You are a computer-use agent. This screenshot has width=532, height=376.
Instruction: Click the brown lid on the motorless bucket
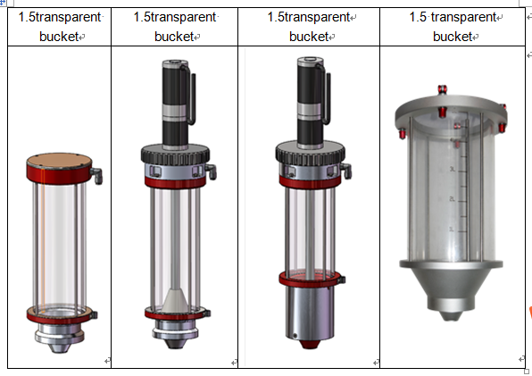59,160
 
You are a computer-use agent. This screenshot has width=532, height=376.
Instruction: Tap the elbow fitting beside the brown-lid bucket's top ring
96,175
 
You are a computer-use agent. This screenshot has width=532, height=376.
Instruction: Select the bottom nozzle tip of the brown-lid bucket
60,347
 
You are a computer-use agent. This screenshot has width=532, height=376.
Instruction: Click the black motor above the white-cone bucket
176,104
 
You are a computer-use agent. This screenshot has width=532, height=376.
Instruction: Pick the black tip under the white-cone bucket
176,344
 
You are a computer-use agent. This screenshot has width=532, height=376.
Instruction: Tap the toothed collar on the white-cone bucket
176,155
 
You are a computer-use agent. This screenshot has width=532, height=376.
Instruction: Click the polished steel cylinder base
310,313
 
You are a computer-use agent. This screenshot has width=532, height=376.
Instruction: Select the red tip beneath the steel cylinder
310,345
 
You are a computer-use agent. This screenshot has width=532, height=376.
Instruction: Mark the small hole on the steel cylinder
295,336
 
